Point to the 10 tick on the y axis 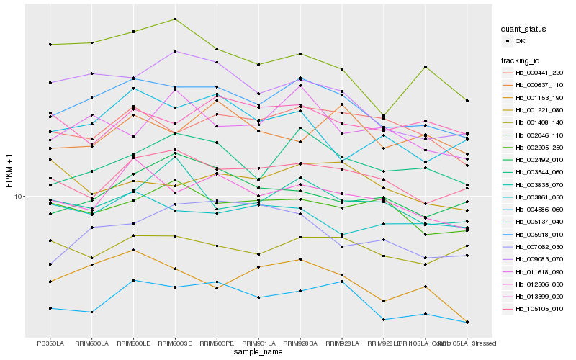[19, 196]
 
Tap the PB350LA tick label [50, 343]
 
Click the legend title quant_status [525, 30]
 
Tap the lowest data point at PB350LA [50, 308]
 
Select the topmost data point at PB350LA [50, 45]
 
